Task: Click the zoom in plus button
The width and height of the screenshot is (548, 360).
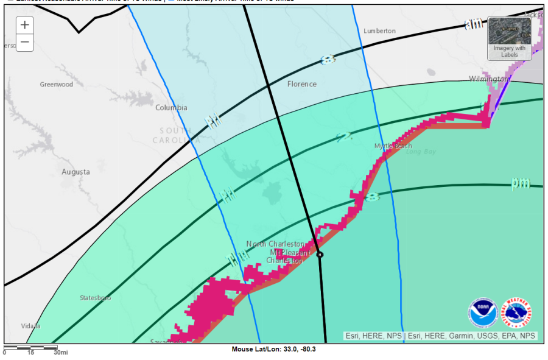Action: [x=24, y=25]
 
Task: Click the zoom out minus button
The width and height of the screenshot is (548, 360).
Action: [x=24, y=43]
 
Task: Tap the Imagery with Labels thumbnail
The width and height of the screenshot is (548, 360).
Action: [x=509, y=38]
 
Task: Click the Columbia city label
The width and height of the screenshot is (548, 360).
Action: [x=171, y=108]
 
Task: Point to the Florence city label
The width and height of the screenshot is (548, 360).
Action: [x=302, y=84]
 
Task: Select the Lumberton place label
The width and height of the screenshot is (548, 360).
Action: [x=379, y=30]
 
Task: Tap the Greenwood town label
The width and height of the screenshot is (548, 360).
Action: [x=56, y=85]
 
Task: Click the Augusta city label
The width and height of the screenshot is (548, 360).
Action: [x=76, y=172]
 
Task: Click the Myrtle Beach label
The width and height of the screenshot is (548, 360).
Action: [x=393, y=146]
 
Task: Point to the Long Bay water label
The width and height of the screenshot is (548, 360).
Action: [x=421, y=152]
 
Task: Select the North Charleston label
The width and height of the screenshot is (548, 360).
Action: [x=275, y=244]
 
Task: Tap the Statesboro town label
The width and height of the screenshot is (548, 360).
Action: [x=96, y=298]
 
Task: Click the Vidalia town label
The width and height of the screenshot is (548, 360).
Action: [x=30, y=326]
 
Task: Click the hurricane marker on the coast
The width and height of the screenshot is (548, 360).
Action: [x=320, y=255]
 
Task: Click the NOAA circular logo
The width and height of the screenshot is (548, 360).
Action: [x=482, y=312]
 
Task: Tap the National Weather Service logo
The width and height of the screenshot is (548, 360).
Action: [x=516, y=312]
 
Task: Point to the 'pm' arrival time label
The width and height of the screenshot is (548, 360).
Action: [x=519, y=183]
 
